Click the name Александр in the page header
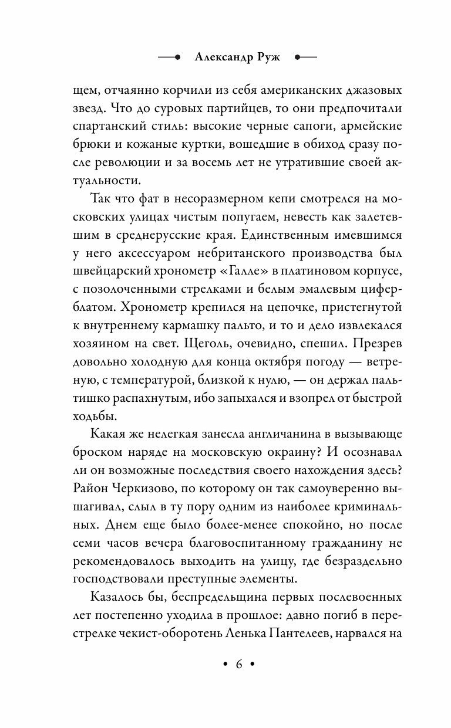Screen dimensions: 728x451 pyautogui.click(x=220, y=57)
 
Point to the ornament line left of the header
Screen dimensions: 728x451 pyautogui.click(x=170, y=57)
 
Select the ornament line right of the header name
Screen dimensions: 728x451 pyautogui.click(x=305, y=57)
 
